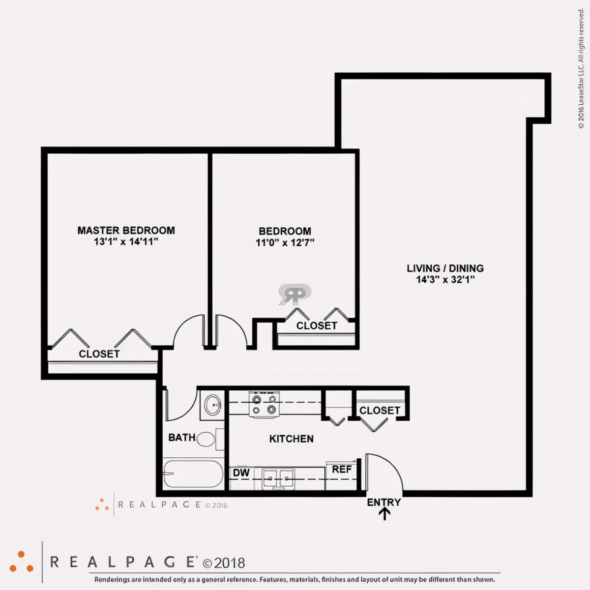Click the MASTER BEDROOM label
click(126, 230)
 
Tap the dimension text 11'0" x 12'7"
click(285, 242)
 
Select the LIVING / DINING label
click(445, 268)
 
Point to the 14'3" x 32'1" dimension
click(445, 279)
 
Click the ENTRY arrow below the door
click(384, 514)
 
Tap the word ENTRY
click(384, 502)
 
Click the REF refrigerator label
click(342, 469)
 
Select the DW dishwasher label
click(241, 472)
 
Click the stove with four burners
click(264, 404)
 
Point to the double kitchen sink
click(278, 478)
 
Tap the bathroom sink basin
click(212, 405)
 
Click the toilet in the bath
click(210, 439)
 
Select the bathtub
click(193, 473)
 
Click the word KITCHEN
click(291, 439)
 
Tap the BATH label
click(182, 438)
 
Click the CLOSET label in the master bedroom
click(99, 354)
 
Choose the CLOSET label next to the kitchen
click(380, 410)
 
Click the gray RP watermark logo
click(295, 295)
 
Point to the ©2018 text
click(224, 563)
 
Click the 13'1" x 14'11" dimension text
click(126, 241)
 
